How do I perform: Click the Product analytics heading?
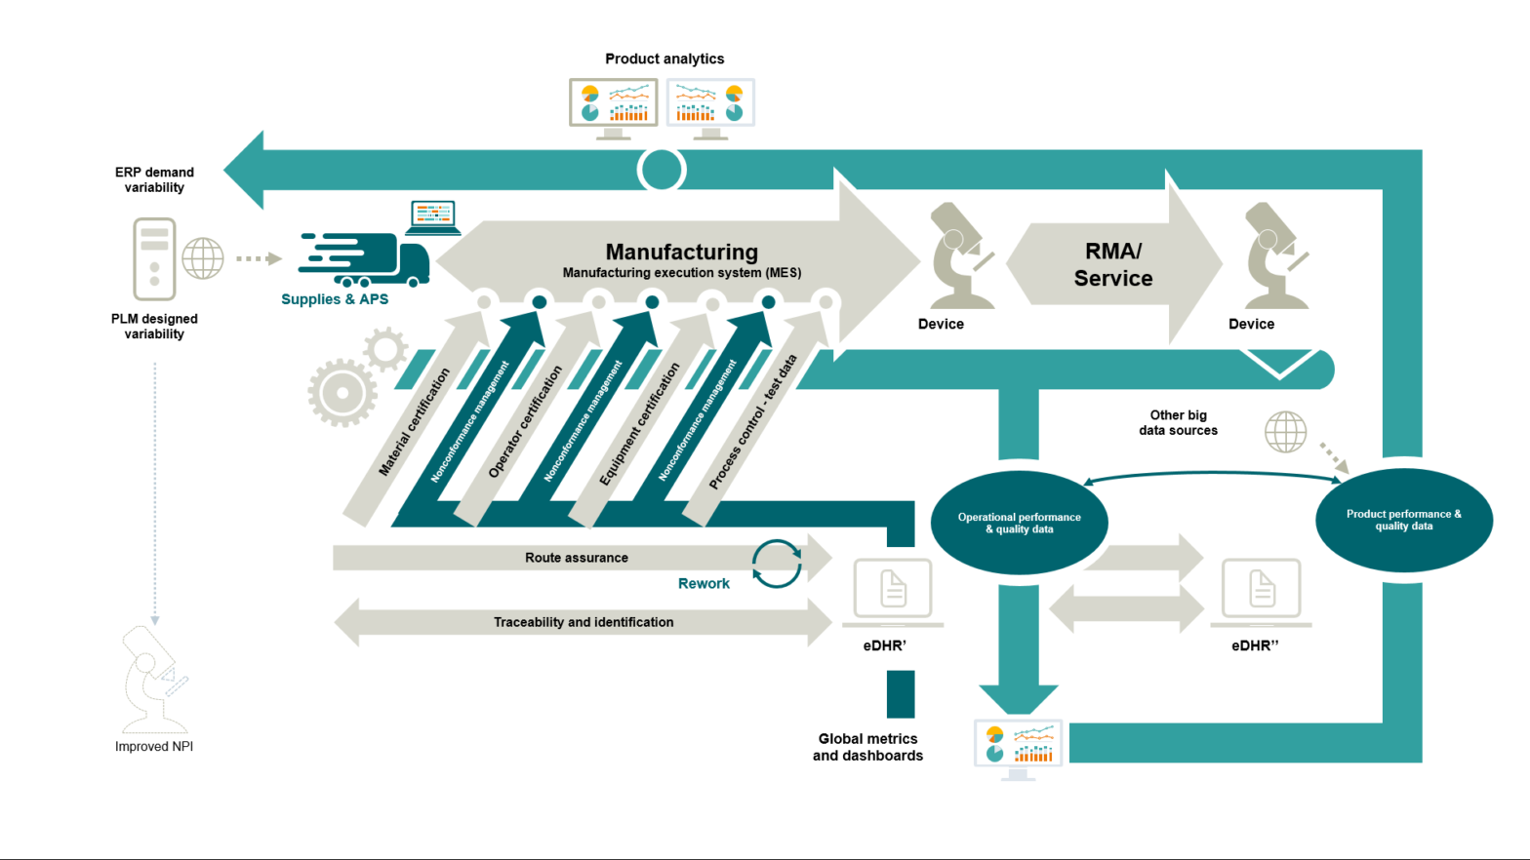coord(664,59)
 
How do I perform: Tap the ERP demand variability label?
coord(154,179)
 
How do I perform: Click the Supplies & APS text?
coord(335,299)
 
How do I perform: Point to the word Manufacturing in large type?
coord(681,252)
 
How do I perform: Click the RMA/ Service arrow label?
coord(1113,264)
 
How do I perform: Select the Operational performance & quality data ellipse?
coord(1019,523)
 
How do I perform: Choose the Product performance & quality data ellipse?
coord(1403,520)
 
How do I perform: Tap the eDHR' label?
coord(885,645)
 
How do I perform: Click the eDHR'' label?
coord(1255,645)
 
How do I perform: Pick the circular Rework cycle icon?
coord(777,564)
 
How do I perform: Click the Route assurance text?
coord(577,558)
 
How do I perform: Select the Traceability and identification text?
coord(584,622)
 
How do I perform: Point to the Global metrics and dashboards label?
coord(867,747)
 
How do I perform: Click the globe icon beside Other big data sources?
coord(1285,432)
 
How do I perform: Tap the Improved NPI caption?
coord(154,747)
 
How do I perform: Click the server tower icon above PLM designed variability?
coord(154,258)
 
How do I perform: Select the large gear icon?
coord(342,393)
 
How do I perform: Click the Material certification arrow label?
coord(415,422)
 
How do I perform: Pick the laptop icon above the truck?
coord(433,216)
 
